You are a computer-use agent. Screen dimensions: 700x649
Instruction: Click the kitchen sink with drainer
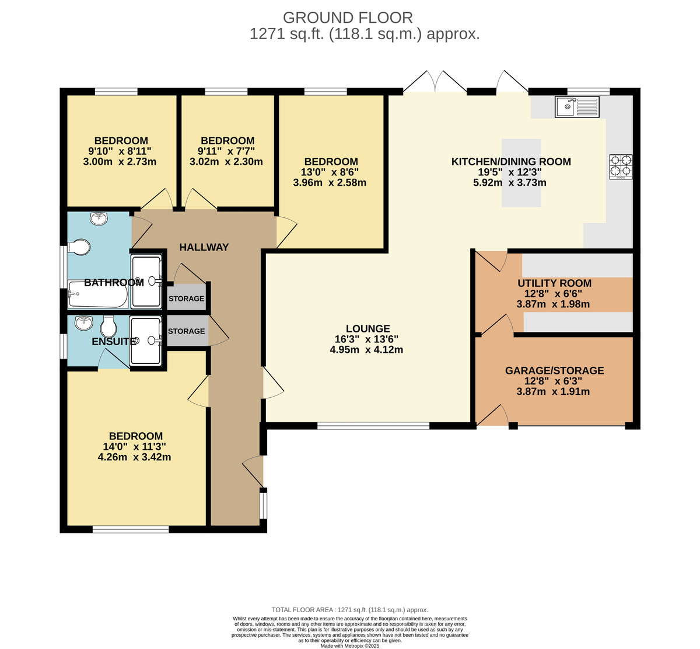click(x=577, y=107)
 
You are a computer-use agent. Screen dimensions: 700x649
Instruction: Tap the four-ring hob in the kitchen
click(x=621, y=166)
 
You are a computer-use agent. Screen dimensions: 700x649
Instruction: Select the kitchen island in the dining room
click(x=521, y=173)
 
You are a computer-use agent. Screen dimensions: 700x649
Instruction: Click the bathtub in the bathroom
click(x=98, y=294)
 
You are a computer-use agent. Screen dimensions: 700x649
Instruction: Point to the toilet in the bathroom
click(x=79, y=247)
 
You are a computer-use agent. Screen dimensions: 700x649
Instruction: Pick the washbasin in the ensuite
click(x=84, y=322)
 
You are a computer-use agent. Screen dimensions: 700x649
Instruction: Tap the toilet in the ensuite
click(x=108, y=327)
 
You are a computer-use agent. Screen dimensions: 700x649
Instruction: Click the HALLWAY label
click(x=204, y=247)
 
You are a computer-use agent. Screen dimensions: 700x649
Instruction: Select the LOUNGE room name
click(x=368, y=329)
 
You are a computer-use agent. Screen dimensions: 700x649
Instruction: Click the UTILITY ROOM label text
click(x=554, y=283)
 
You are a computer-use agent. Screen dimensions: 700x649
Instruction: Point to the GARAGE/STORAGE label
click(x=554, y=370)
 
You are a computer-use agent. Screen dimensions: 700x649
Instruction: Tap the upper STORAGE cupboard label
click(x=186, y=299)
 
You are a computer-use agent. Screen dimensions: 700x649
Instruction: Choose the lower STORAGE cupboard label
click(x=186, y=331)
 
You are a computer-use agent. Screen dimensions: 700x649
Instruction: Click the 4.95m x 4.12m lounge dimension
click(x=366, y=349)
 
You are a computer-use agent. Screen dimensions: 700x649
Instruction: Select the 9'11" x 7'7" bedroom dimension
click(x=226, y=151)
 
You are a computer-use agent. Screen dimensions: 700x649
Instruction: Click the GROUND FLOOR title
click(x=348, y=18)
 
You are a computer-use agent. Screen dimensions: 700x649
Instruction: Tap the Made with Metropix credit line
click(x=349, y=646)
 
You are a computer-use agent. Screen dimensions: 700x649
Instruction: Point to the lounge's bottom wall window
click(x=373, y=425)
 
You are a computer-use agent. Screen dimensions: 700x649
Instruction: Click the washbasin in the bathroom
click(x=99, y=218)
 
